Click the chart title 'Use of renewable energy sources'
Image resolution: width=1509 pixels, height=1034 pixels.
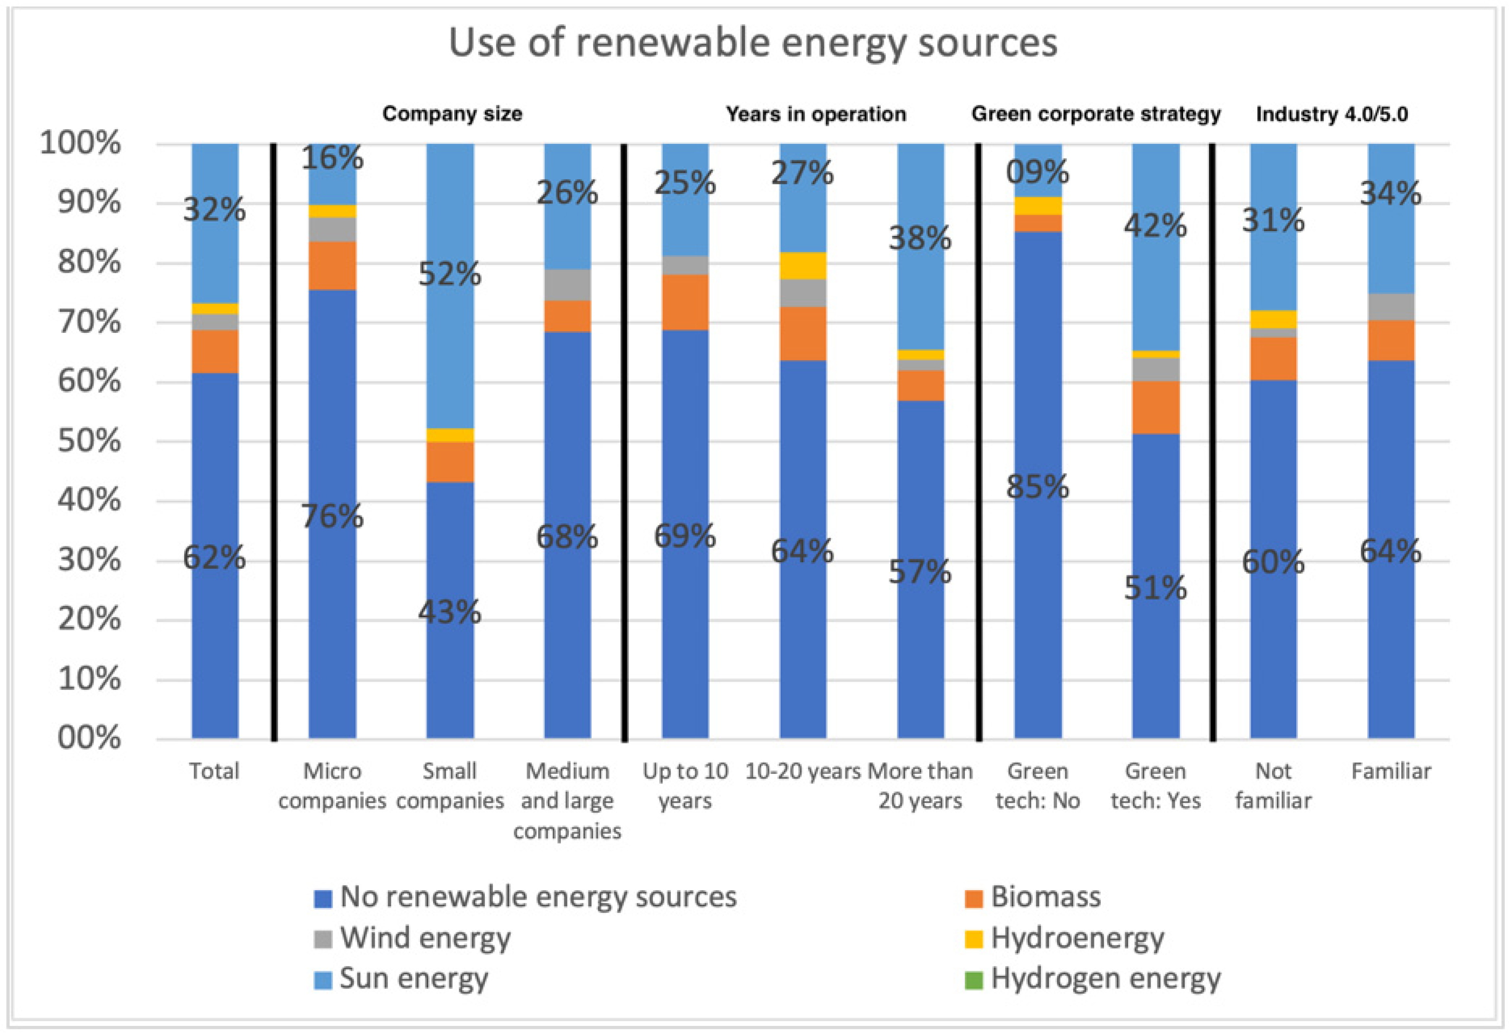pos(753,43)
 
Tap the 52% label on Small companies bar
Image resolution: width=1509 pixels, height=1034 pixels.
pos(449,274)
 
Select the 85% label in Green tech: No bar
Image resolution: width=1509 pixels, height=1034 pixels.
pos(1037,487)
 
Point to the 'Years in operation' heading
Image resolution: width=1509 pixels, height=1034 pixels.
pos(816,114)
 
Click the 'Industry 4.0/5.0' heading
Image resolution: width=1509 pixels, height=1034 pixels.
pos(1332,114)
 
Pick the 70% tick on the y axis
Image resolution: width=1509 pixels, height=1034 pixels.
pos(89,322)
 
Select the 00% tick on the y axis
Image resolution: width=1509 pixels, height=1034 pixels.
pos(89,738)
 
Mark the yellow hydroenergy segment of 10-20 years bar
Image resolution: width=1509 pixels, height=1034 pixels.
pos(802,265)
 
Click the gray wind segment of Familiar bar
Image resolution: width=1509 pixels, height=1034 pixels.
pos(1391,307)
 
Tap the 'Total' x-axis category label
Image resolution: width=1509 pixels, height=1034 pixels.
pos(214,771)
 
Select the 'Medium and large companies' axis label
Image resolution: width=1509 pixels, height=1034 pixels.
pos(567,801)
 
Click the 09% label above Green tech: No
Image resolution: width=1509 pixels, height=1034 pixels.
pos(1037,172)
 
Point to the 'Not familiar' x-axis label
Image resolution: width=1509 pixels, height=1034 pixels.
pos(1273,786)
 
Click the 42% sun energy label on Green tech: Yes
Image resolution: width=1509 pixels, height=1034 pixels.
pos(1155,226)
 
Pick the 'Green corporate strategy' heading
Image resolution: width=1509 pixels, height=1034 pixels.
pos(1095,114)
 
